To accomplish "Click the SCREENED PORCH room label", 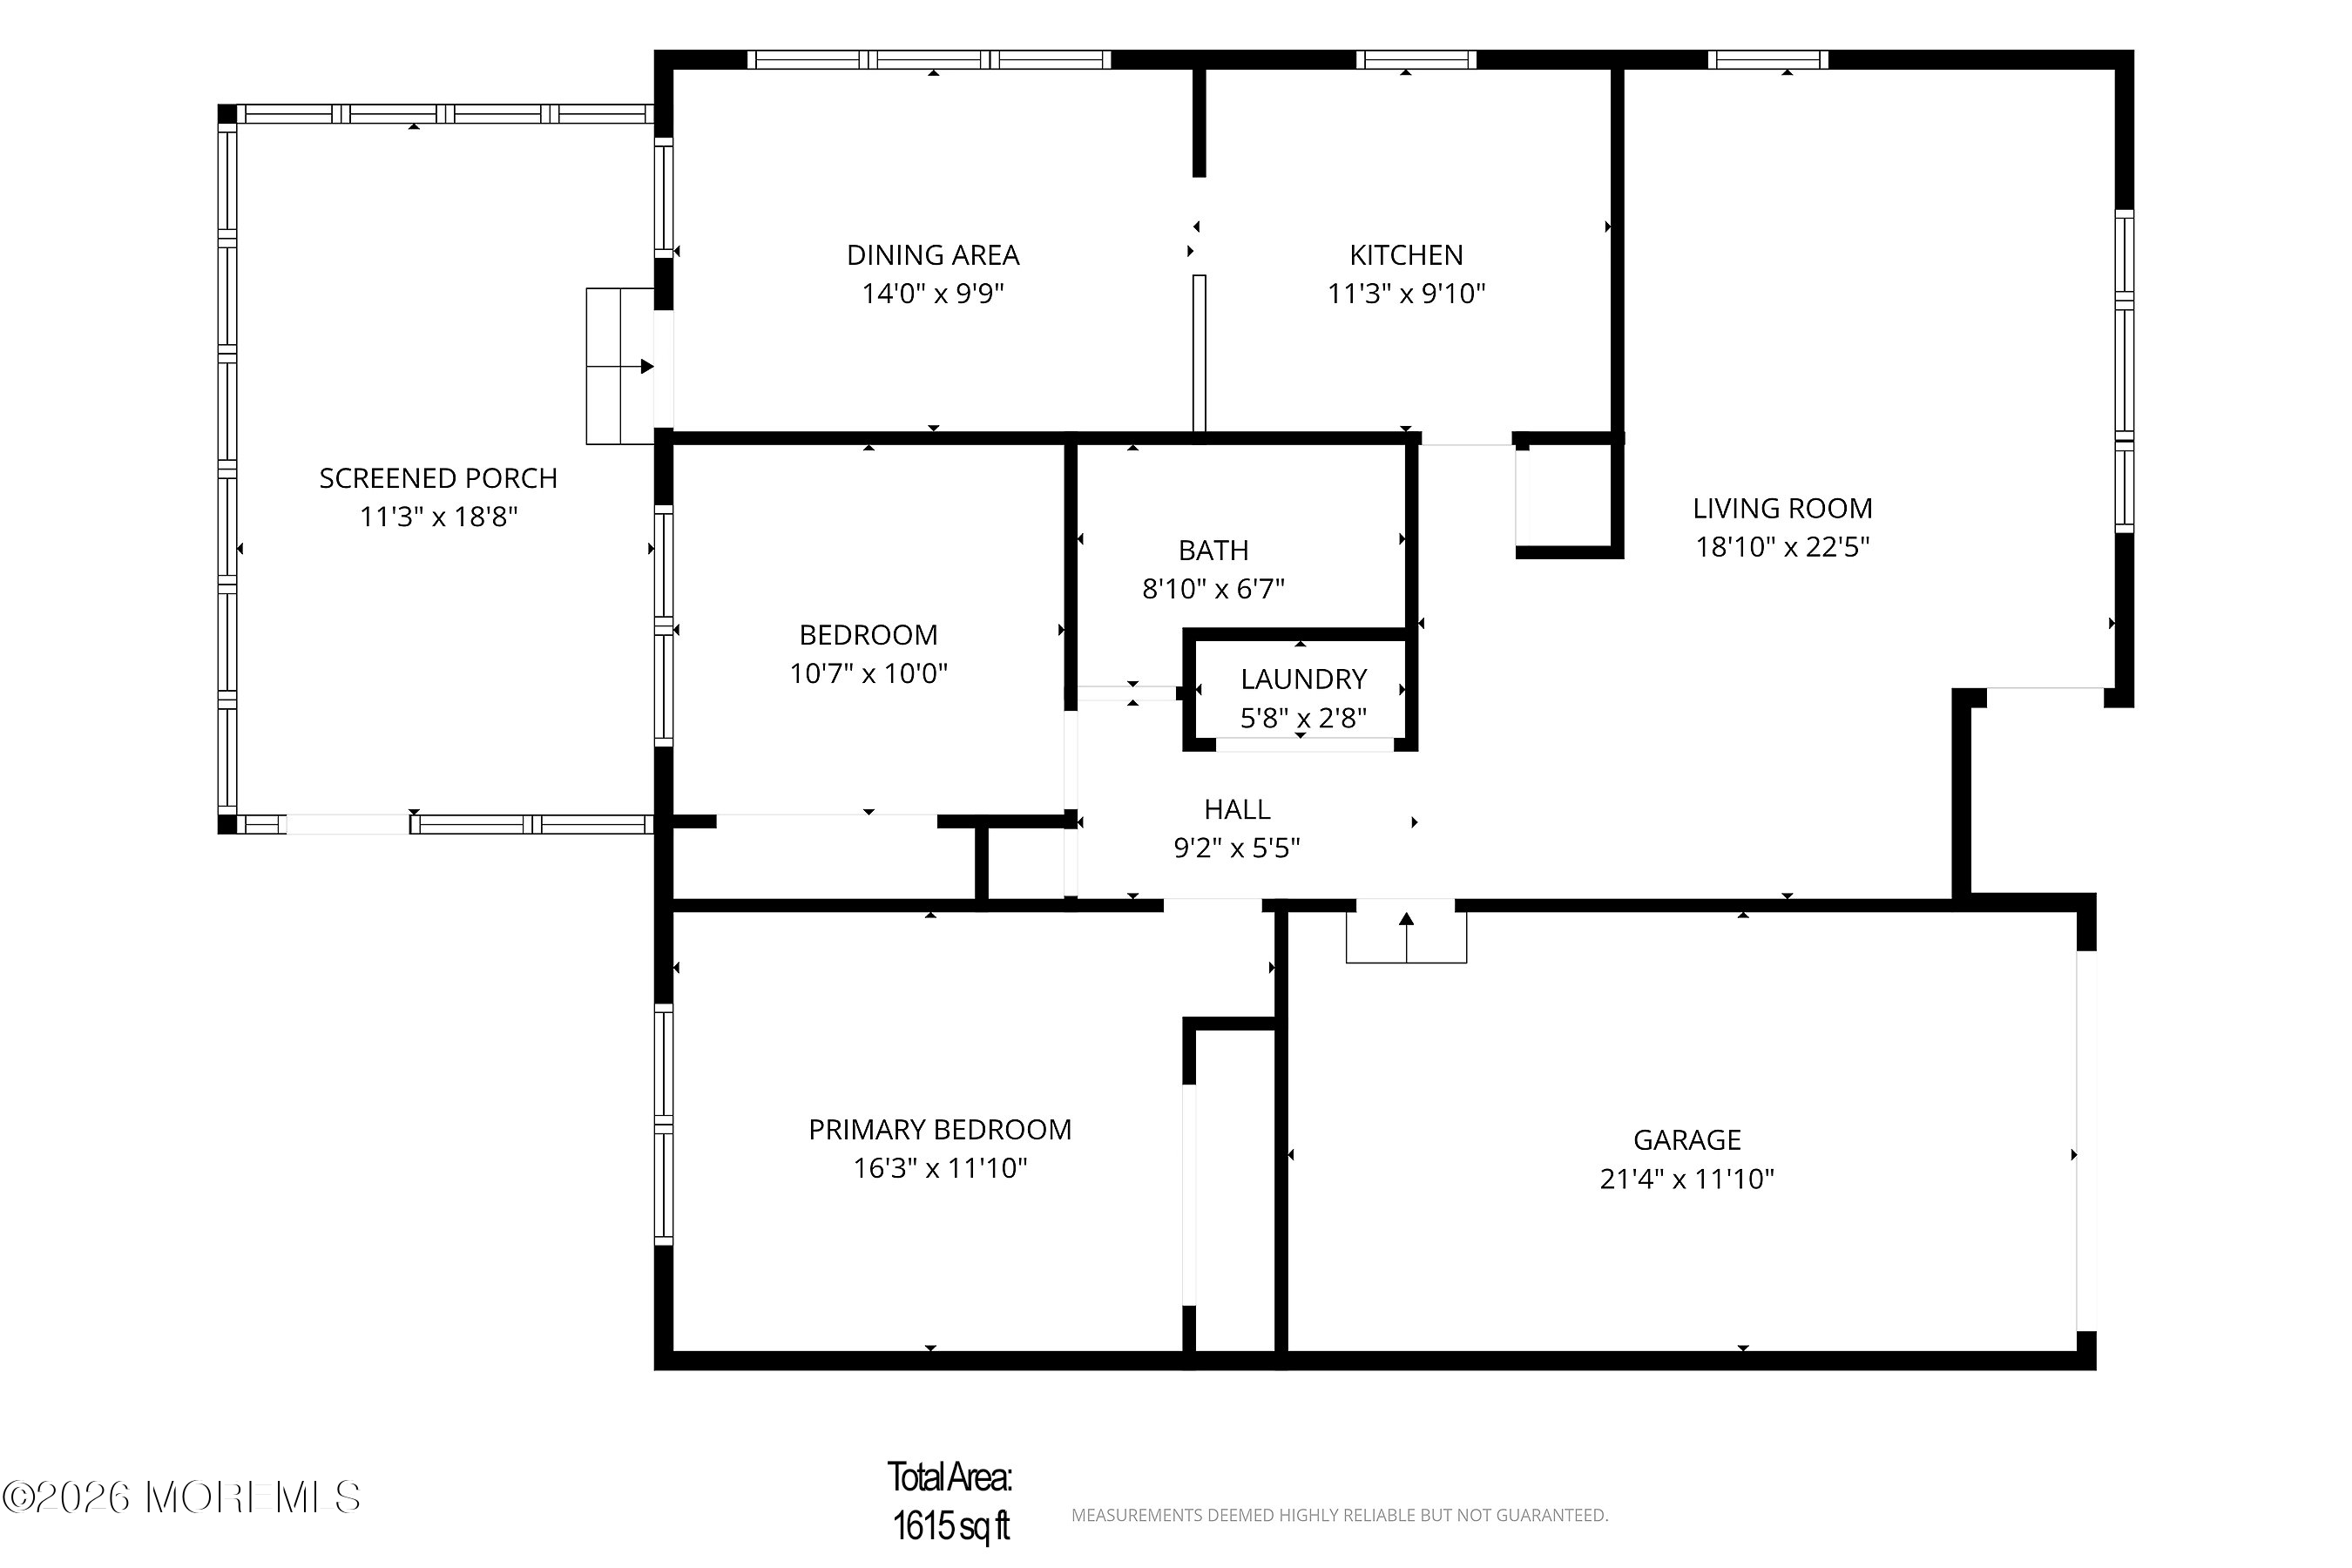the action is [x=438, y=478].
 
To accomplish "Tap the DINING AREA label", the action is [x=933, y=255].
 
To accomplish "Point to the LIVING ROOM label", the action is [x=1782, y=508].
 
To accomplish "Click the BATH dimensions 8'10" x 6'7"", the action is [x=1213, y=588].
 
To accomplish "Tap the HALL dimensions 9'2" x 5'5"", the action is [x=1236, y=848].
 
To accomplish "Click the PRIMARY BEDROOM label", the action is [x=940, y=1129].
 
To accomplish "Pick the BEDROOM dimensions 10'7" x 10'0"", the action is [x=868, y=673].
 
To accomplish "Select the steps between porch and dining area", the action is [x=620, y=366].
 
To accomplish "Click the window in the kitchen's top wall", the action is [x=1416, y=60].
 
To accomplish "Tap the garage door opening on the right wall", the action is [x=2086, y=1141].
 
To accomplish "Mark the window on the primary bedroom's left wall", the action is [x=663, y=1125].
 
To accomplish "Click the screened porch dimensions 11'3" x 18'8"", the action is [x=438, y=517].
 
